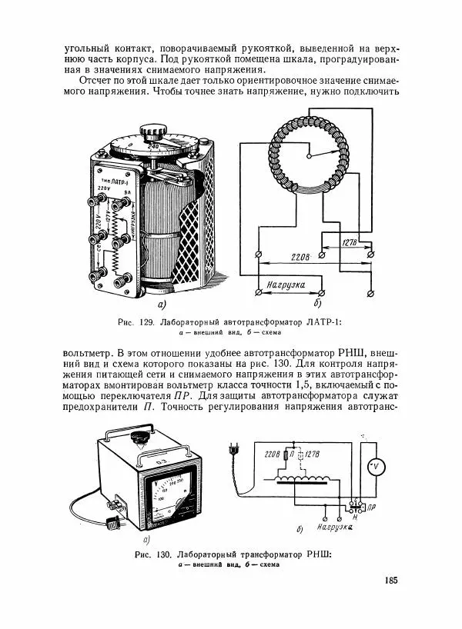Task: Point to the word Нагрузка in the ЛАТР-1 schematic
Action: pyautogui.click(x=287, y=285)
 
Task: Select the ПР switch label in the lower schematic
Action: pyautogui.click(x=372, y=508)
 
